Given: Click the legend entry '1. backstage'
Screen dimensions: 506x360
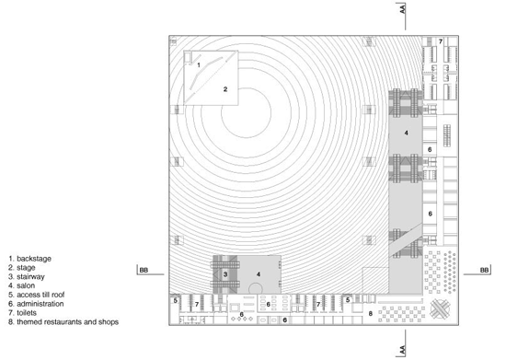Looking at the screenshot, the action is [x=30, y=259].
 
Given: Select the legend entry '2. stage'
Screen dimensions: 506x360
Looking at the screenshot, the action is [x=22, y=268].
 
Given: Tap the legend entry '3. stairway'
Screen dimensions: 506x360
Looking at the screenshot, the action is [x=27, y=277].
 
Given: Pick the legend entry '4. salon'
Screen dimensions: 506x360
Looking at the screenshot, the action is [x=22, y=285].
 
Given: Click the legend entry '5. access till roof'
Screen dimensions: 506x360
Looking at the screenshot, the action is [x=37, y=295].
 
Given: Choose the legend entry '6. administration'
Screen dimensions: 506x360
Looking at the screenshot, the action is [x=36, y=304].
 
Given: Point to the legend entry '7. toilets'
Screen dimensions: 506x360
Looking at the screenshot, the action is [x=23, y=313].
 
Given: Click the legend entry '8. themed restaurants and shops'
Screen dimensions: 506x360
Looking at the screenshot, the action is [x=63, y=322].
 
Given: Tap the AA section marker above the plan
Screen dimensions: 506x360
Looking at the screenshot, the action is [x=402, y=9].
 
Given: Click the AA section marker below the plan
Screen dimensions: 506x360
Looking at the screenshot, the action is [x=402, y=351].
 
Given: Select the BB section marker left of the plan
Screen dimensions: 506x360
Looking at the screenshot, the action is [x=144, y=270].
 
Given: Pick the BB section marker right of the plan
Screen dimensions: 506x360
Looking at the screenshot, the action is [x=484, y=270].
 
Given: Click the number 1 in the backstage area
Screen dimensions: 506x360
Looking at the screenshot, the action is [x=199, y=64].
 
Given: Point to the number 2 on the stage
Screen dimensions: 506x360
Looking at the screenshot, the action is [x=225, y=89].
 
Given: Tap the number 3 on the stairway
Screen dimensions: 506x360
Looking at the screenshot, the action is [x=225, y=274].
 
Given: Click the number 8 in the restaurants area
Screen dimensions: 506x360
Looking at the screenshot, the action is [x=371, y=314].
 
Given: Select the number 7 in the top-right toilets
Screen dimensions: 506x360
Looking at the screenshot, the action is [x=441, y=41].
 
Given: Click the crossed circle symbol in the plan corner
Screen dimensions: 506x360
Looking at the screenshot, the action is [x=441, y=308].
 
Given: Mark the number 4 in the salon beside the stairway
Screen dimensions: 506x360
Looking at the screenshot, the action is [x=259, y=274].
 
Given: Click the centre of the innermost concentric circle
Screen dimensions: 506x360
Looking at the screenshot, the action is [x=246, y=113].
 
